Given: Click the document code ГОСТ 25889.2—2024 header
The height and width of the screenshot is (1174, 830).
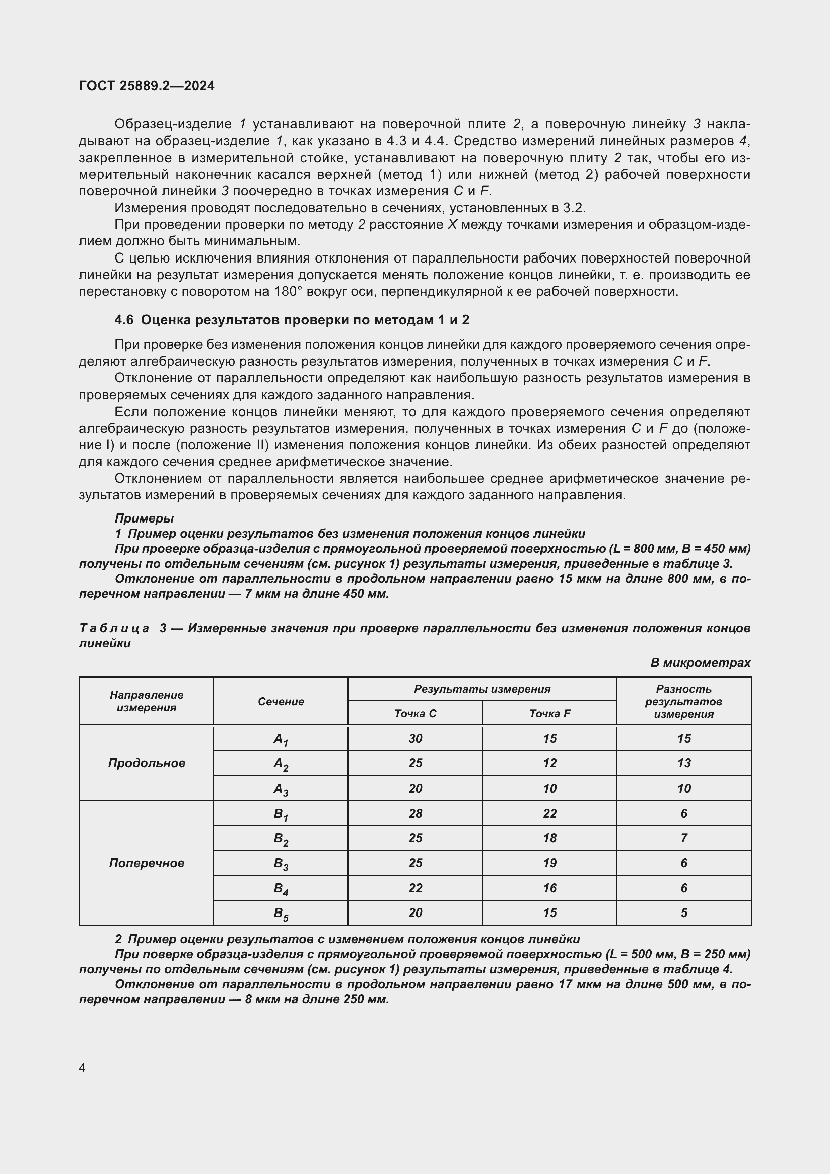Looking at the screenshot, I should pyautogui.click(x=147, y=86).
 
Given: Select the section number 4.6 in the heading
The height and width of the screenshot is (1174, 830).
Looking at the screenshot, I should pyautogui.click(x=123, y=320).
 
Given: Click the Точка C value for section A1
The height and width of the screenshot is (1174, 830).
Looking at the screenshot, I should pyautogui.click(x=415, y=738).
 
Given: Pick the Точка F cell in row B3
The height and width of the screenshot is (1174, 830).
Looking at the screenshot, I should pyautogui.click(x=549, y=863).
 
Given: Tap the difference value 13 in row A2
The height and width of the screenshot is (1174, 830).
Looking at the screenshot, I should pyautogui.click(x=683, y=763).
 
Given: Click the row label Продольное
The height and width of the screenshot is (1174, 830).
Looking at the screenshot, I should pyautogui.click(x=146, y=763).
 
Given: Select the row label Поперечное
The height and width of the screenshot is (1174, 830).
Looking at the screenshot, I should pyautogui.click(x=146, y=863).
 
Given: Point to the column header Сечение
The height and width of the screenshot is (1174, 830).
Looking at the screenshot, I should pyautogui.click(x=281, y=702).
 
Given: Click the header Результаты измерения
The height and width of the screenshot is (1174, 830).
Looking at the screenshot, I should pyautogui.click(x=482, y=689).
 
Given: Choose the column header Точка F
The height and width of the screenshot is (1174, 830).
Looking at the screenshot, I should pyautogui.click(x=549, y=713).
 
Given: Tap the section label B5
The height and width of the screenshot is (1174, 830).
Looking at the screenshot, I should pyautogui.click(x=281, y=914).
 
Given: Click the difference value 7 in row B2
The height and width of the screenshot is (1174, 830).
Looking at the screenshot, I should pyautogui.click(x=683, y=838).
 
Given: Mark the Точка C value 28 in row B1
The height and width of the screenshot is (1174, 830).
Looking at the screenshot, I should pyautogui.click(x=415, y=814).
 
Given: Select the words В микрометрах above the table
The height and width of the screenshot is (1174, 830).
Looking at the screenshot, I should pyautogui.click(x=700, y=663).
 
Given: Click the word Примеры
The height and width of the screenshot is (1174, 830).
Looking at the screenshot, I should pyautogui.click(x=144, y=518).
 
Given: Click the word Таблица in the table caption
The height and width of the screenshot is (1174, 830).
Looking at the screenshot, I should pyautogui.click(x=114, y=628).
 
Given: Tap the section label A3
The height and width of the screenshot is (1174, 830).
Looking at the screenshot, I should pyautogui.click(x=281, y=789).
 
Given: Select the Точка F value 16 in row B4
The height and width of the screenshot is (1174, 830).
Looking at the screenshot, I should pyautogui.click(x=549, y=888).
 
